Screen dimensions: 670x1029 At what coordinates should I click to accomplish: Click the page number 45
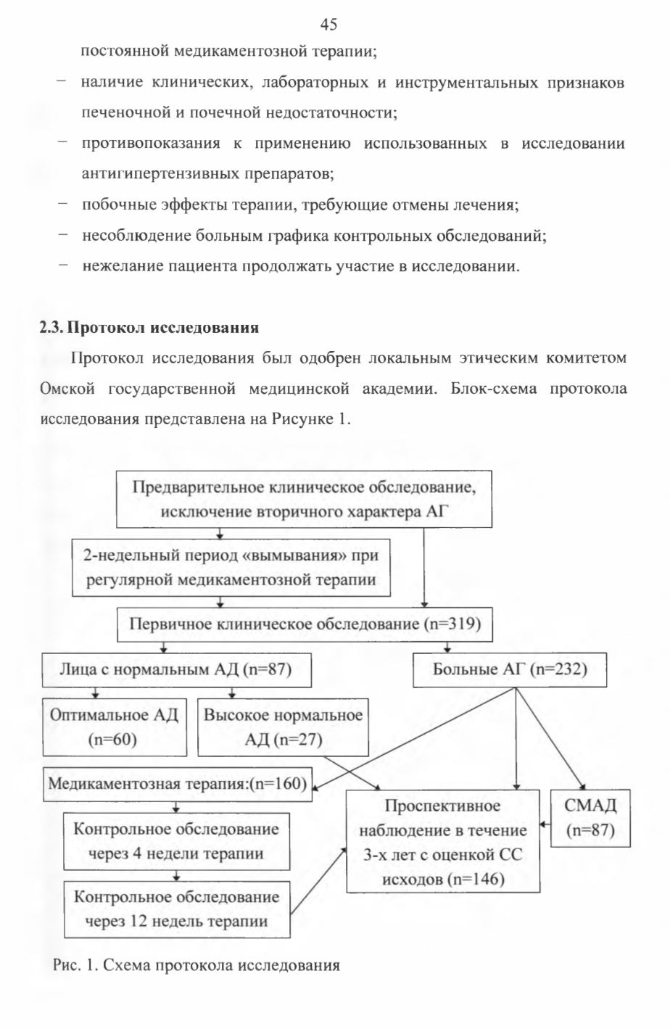point(328,25)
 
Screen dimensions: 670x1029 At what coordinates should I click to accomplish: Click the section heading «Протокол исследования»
point(163,328)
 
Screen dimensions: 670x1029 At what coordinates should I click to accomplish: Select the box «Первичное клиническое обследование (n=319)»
point(305,625)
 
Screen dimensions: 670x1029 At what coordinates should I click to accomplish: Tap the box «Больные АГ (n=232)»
point(510,670)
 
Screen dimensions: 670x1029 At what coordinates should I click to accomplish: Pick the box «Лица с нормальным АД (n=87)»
point(177,670)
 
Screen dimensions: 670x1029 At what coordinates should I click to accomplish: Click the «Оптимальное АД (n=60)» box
point(115,727)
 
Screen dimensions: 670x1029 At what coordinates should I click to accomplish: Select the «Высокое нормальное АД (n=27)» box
point(283,727)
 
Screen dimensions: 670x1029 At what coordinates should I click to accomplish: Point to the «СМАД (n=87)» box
point(590,818)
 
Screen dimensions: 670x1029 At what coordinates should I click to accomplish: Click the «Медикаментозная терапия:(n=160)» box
point(177,784)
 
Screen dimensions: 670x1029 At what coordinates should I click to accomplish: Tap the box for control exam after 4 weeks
point(177,842)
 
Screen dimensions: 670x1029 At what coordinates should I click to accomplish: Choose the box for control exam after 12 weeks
point(177,909)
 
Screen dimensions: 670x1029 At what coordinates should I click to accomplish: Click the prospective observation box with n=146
point(443,841)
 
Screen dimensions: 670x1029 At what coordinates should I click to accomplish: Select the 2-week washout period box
point(231,568)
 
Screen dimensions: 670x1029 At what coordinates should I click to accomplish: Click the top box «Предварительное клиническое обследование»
point(304,499)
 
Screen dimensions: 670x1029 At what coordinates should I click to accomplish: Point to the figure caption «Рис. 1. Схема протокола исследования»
point(197,964)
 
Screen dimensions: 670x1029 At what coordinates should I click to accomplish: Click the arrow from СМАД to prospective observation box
point(545,825)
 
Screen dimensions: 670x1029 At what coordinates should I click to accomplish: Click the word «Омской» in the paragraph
point(67,389)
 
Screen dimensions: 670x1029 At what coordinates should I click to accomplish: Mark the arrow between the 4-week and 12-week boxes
point(177,875)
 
